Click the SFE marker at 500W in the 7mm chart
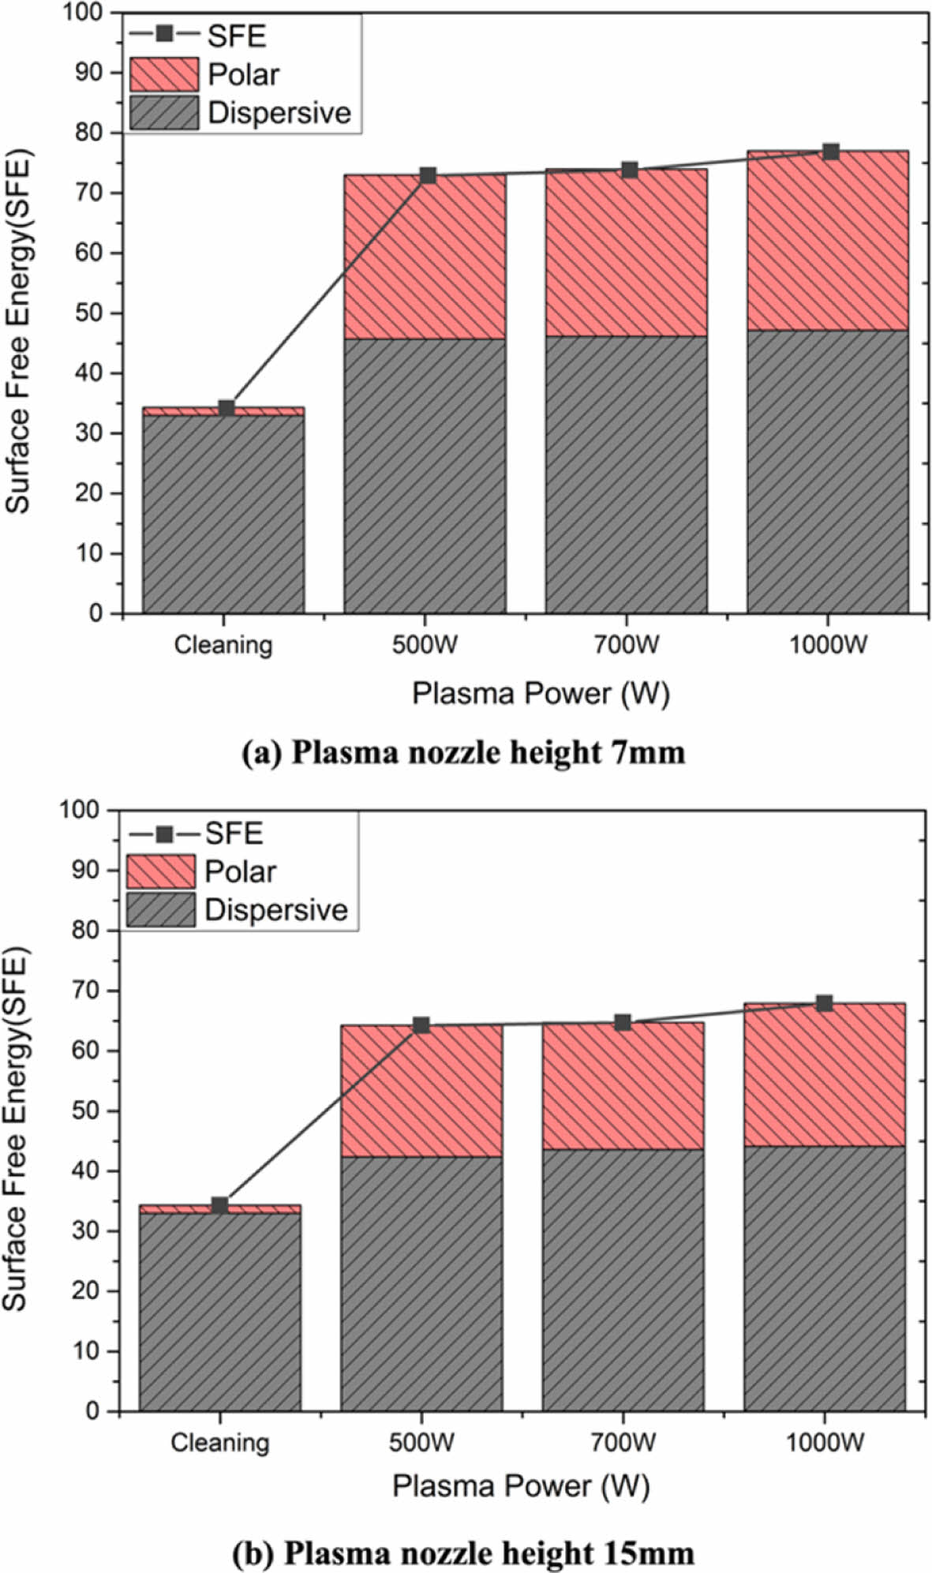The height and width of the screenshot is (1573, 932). pos(428,175)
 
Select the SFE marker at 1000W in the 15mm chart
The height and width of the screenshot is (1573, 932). pos(825,1003)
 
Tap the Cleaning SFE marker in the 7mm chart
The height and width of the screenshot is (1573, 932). pos(226,408)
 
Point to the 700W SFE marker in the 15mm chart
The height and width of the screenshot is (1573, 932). pos(623,1022)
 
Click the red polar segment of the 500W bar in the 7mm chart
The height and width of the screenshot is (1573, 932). pos(425,257)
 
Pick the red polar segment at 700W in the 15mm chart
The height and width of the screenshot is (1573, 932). pos(623,1086)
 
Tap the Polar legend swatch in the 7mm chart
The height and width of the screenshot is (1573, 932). pos(163,74)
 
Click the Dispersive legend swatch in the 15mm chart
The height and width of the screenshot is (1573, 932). pos(160,909)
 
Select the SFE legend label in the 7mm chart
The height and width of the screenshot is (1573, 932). pos(236,36)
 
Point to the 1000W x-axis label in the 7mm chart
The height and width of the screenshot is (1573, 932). pos(827,645)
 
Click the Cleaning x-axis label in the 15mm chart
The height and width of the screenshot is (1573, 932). pos(219,1443)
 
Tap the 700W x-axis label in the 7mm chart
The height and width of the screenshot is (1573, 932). pos(626,645)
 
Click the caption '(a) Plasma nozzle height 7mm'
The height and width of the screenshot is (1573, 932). pos(463,752)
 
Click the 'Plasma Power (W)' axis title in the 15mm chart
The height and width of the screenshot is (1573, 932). pos(521,1486)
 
